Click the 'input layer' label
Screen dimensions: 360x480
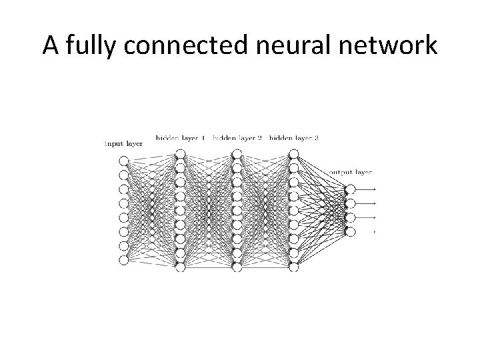(124, 143)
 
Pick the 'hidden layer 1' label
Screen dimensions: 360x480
(180, 138)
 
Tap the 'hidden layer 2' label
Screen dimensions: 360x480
(237, 138)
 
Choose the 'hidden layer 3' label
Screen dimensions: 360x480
(294, 138)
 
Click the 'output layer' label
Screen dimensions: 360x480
(351, 172)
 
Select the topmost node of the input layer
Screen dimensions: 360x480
(123, 161)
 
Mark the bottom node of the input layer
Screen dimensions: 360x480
(123, 260)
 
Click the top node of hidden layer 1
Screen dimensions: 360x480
(180, 154)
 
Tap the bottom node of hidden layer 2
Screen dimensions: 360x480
(237, 267)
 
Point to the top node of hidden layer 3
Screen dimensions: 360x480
(294, 154)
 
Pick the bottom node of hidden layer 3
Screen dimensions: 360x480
(294, 267)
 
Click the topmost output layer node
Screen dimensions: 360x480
(351, 189)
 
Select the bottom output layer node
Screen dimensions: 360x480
(351, 231)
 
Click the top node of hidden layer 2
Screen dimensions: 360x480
(237, 154)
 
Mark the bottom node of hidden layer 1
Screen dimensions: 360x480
(180, 267)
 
